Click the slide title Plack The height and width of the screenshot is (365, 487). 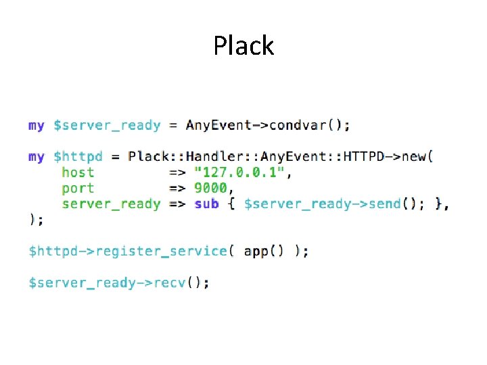point(243,46)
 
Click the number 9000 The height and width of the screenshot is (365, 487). point(210,188)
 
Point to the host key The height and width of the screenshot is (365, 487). point(78,172)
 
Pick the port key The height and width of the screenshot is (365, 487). point(78,189)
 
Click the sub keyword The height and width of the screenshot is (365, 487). point(206,203)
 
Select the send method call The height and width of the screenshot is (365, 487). point(385,203)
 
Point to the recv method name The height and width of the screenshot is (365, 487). point(170,283)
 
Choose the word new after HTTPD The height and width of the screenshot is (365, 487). point(414,157)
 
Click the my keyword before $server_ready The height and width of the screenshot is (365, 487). point(37,126)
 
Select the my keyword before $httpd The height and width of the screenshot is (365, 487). point(37,157)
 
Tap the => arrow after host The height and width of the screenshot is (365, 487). point(177,172)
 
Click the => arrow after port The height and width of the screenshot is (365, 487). point(177,188)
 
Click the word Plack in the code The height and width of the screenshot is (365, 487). point(148,157)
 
